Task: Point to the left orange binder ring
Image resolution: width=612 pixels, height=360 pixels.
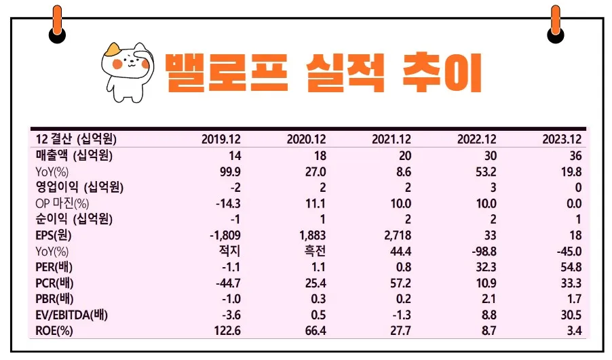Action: coord(58,23)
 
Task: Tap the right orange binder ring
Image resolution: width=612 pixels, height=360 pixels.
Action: coord(556,23)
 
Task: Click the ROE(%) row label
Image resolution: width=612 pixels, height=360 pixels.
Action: coord(55,330)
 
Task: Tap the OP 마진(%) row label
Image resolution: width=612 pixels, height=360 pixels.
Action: coord(62,203)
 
